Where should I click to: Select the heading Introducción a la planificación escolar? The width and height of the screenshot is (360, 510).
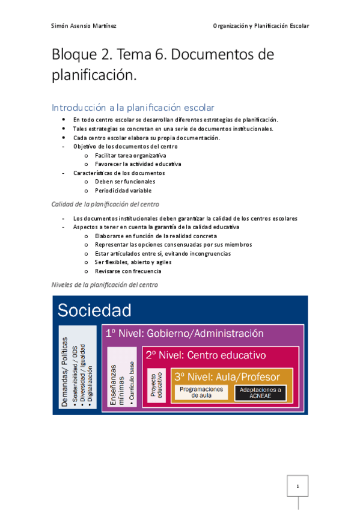pos(133,108)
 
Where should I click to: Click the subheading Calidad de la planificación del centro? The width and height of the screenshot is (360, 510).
pos(105,204)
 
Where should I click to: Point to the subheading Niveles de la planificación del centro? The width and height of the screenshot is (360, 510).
pos(105,284)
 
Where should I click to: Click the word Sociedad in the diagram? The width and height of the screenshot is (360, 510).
pos(94,310)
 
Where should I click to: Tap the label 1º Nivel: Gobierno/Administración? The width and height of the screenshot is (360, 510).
pos(184,334)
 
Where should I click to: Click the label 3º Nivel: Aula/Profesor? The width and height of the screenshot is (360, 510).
pos(227,377)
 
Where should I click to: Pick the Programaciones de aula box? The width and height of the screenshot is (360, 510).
pos(202,392)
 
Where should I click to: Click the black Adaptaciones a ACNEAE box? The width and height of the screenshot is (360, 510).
pos(260,393)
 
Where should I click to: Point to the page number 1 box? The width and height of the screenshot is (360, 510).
pos(297,485)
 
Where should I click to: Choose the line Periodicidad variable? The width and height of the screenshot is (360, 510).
pos(122,191)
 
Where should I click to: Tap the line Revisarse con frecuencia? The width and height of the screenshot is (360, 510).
pos(127,271)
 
